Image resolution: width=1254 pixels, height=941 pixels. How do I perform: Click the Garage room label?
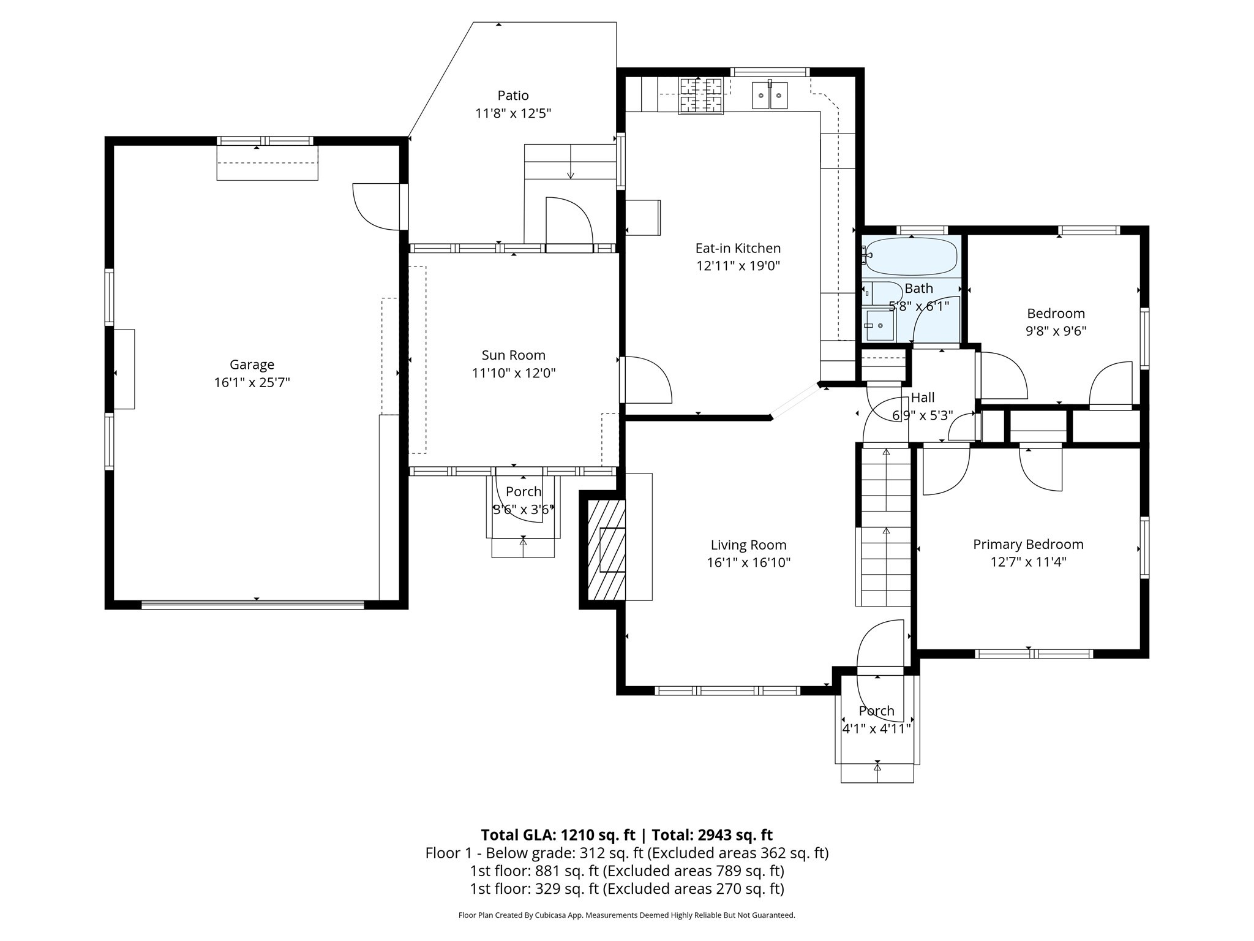coord(252,365)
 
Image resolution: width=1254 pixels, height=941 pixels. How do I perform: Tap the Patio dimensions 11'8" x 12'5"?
coord(513,113)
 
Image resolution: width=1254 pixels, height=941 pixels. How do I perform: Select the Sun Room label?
coord(513,355)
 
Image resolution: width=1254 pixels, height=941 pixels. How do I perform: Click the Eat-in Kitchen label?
coord(738,248)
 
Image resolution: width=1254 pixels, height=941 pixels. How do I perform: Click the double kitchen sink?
coord(770,96)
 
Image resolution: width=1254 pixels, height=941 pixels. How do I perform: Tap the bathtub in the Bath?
coord(910,256)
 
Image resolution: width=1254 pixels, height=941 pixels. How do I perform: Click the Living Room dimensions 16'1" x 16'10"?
coord(748,562)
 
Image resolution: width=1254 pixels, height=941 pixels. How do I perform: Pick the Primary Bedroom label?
coord(1028,544)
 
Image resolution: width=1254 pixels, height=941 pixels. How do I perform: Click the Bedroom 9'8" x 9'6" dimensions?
coord(1056,331)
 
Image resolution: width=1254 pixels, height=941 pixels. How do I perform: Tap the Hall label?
coord(922,398)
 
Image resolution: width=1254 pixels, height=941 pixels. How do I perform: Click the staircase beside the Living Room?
coord(886,527)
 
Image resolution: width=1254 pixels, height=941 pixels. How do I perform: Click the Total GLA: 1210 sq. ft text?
coord(558,835)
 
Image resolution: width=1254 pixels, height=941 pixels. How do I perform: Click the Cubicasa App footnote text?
coord(626,915)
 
